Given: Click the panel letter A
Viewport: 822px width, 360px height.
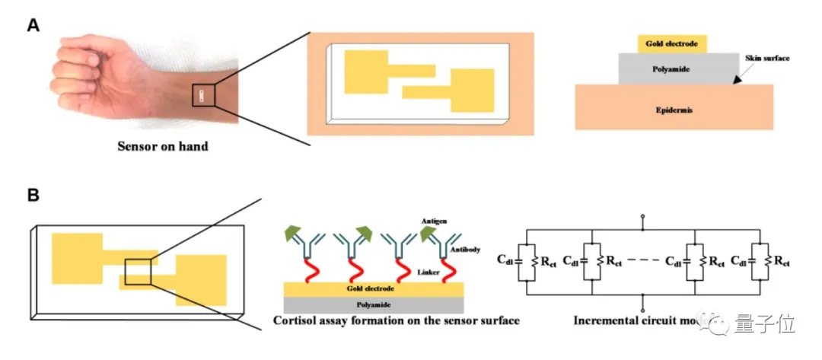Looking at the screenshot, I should click(x=33, y=25).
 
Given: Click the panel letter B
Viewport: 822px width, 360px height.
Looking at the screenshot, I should click(x=33, y=195).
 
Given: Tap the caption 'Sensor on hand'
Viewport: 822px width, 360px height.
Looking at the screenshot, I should click(x=163, y=145).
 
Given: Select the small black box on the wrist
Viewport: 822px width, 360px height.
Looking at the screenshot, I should click(x=203, y=95).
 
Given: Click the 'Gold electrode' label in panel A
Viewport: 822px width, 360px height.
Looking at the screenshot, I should click(x=671, y=44).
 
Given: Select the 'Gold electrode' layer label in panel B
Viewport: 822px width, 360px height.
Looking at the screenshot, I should click(x=371, y=288).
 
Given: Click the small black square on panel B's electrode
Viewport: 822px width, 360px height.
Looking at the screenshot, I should click(x=137, y=271).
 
